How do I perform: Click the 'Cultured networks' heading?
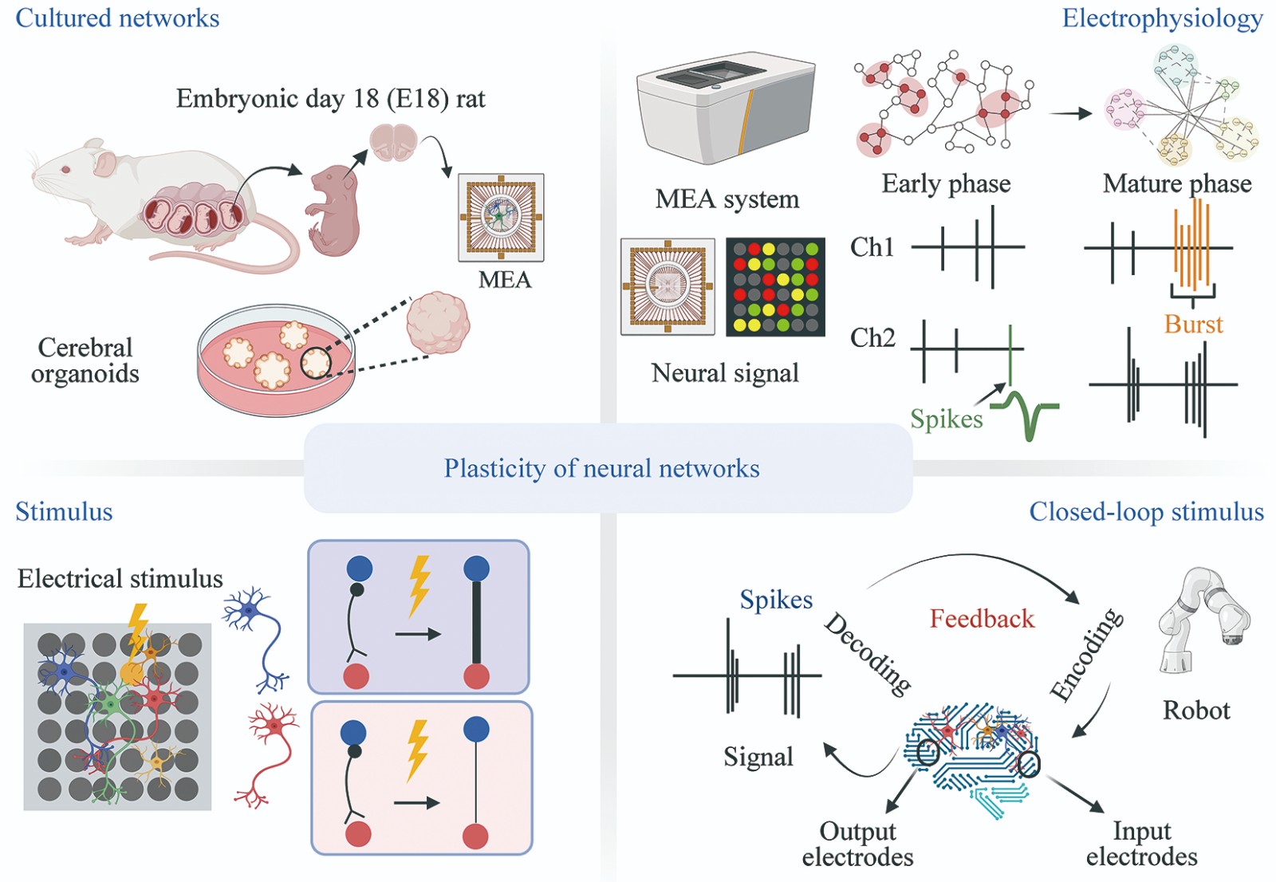point(117,18)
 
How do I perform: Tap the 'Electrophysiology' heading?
point(1162,18)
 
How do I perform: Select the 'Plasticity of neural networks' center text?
point(601,468)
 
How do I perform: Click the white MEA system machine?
point(726,108)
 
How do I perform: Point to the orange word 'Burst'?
point(1193,325)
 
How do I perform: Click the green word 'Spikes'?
point(947,419)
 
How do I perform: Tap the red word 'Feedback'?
point(982,619)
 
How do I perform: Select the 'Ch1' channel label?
point(872,248)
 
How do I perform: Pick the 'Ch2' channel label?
point(872,338)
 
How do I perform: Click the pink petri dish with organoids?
point(276,360)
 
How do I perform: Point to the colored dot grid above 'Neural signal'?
point(775,286)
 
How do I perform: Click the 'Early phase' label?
point(946,184)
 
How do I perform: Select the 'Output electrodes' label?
point(857,844)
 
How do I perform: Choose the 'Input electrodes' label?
point(1141,844)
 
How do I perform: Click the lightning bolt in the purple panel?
point(419,586)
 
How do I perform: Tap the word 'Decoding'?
point(868,655)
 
